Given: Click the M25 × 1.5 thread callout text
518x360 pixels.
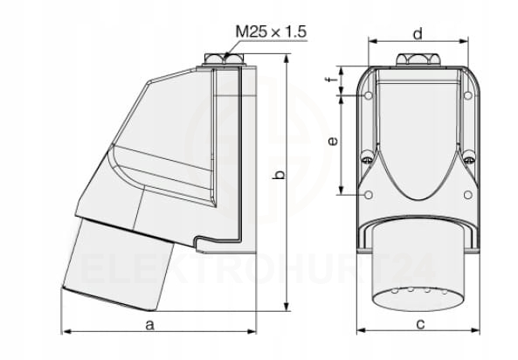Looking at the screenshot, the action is [271, 32].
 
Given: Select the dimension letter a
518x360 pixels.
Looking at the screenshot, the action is [150, 325].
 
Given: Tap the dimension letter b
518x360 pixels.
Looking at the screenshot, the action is [280, 175].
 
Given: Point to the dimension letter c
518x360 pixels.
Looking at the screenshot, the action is [420, 324].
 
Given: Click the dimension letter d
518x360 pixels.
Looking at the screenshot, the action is [418, 34].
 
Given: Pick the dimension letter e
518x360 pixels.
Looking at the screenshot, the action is [333, 142].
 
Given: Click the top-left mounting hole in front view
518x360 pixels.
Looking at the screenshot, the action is [369, 95].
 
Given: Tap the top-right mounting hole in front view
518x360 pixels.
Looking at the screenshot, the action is [468, 95].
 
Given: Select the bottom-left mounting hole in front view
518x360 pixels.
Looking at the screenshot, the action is [369, 195].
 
